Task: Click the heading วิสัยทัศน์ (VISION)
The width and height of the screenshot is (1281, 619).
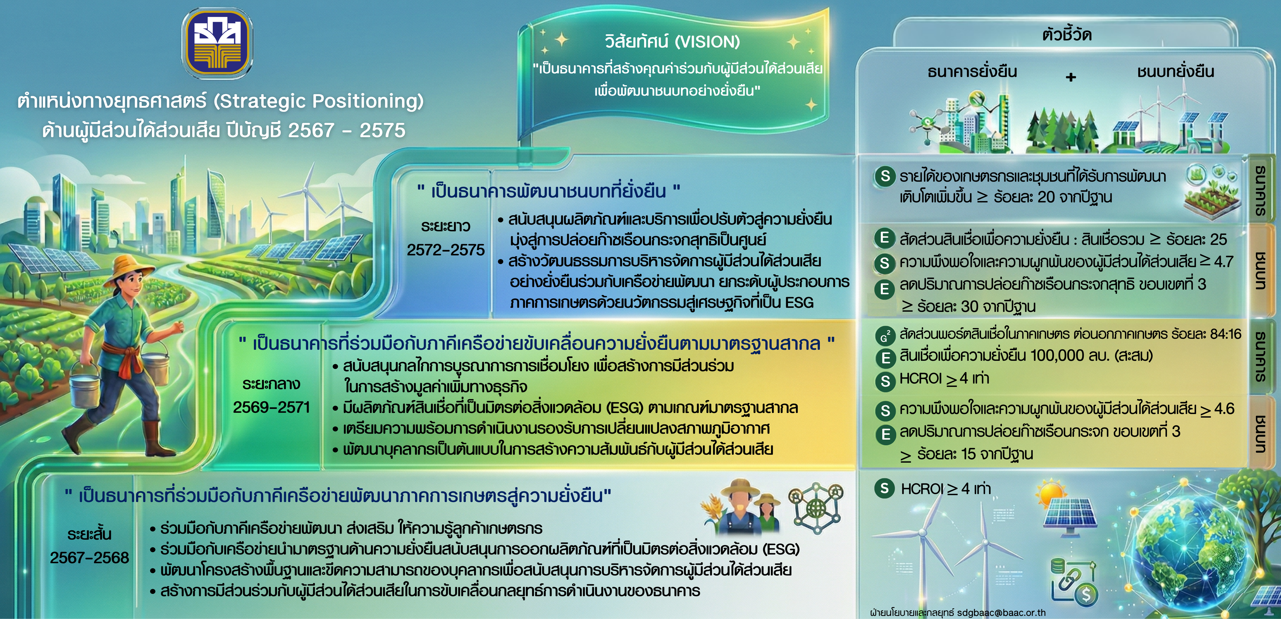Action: click(672, 42)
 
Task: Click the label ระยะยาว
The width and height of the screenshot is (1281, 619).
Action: click(446, 226)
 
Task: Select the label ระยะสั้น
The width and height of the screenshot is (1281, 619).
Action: click(89, 534)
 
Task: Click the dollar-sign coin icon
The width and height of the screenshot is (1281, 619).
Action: click(1086, 594)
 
